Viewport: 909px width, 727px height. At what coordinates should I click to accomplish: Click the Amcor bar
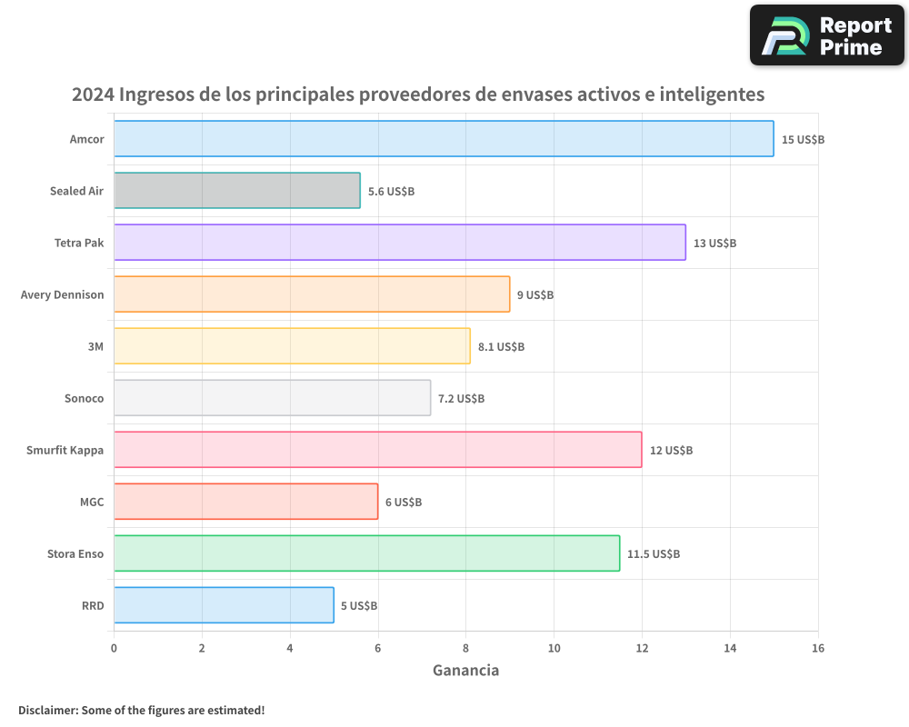(444, 139)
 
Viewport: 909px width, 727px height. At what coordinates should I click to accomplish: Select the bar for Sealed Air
(236, 191)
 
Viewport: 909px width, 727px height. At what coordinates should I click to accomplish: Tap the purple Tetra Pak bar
(400, 243)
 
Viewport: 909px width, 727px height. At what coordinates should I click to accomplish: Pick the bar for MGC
(245, 502)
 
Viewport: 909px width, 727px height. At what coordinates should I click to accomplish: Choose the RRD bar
(224, 605)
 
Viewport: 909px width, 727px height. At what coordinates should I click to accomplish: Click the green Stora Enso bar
(366, 553)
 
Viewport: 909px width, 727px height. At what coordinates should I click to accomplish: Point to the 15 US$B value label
(803, 140)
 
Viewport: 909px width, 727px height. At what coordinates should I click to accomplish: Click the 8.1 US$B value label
(501, 347)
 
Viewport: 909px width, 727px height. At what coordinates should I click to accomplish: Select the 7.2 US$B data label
(461, 399)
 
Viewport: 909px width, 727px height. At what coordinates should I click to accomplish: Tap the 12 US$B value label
(671, 451)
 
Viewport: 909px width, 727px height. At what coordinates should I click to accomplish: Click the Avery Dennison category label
(62, 294)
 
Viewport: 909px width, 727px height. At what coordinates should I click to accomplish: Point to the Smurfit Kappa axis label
(65, 450)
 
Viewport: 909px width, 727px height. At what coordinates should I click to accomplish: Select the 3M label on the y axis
(95, 346)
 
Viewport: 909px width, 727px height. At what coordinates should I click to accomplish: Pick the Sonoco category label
(84, 398)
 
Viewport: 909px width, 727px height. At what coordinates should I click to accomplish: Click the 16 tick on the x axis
(818, 648)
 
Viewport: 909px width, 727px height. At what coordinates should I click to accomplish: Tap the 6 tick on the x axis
(378, 648)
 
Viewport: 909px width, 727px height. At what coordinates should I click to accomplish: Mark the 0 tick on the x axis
(114, 648)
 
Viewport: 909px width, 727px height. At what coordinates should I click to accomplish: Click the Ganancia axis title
(465, 671)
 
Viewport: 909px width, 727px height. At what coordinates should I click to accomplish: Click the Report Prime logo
(826, 35)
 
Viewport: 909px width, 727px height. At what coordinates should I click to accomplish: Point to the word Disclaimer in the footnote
(46, 710)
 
